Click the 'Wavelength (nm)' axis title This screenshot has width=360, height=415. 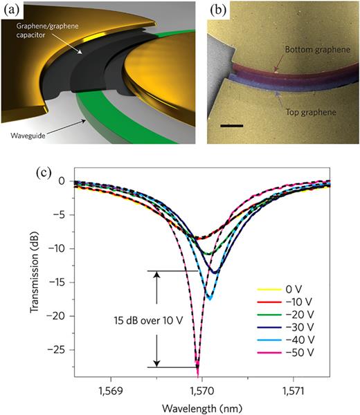pyautogui.click(x=201, y=407)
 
